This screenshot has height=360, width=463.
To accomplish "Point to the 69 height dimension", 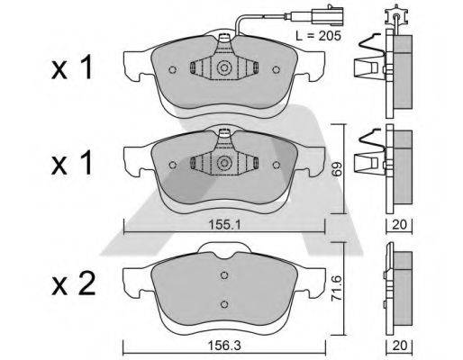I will point(340,169).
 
